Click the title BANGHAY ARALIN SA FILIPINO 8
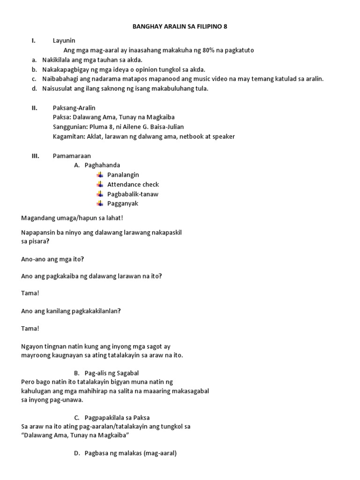(x=180, y=27)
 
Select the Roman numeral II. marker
(x=35, y=108)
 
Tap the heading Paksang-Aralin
(x=74, y=108)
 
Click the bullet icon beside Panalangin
(x=100, y=175)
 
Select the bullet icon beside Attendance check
(x=100, y=184)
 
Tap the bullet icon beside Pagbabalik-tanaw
(x=100, y=194)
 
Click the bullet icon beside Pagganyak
(x=100, y=203)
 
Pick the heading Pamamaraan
(x=72, y=156)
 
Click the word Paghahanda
(x=102, y=165)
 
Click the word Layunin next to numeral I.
(x=64, y=41)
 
